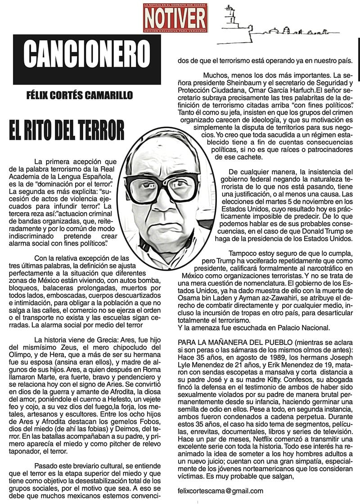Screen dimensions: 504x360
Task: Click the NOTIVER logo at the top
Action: click(x=175, y=18)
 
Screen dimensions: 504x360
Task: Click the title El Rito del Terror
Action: click(x=66, y=129)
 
